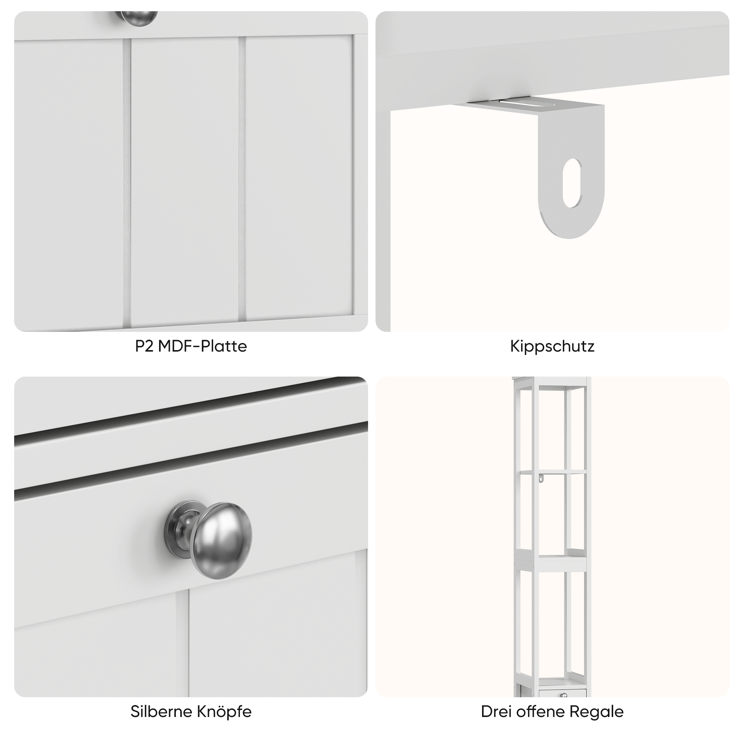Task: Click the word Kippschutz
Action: click(552, 346)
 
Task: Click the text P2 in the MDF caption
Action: click(144, 346)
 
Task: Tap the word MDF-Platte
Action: click(203, 346)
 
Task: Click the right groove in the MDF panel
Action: click(241, 178)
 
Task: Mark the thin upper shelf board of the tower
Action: click(553, 472)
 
